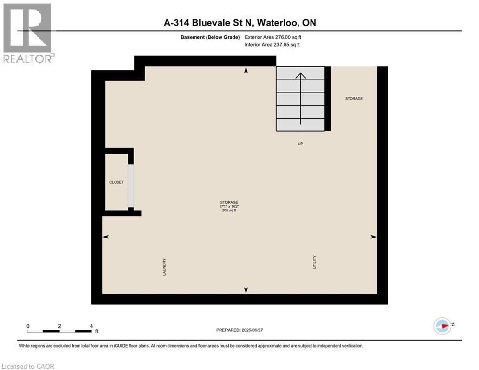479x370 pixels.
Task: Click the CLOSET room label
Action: (x=117, y=182)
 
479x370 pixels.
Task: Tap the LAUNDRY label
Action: (x=164, y=267)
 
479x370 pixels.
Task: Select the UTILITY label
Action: (x=315, y=262)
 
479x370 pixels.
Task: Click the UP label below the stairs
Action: (x=300, y=144)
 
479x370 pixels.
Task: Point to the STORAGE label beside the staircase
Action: (x=354, y=99)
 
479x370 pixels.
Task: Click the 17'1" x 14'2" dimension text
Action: (x=229, y=206)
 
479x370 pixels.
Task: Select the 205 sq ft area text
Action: (x=229, y=211)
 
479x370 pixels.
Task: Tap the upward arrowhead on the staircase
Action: (x=300, y=76)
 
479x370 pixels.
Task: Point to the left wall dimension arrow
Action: (x=106, y=237)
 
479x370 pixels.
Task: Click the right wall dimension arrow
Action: (x=373, y=237)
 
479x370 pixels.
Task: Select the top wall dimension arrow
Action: (x=246, y=70)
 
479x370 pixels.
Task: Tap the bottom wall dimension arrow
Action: (x=246, y=290)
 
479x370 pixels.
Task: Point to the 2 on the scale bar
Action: (x=59, y=326)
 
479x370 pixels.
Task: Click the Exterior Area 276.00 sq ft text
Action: (x=273, y=37)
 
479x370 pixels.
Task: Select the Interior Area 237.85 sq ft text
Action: (x=272, y=45)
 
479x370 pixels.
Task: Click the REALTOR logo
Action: (x=27, y=33)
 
